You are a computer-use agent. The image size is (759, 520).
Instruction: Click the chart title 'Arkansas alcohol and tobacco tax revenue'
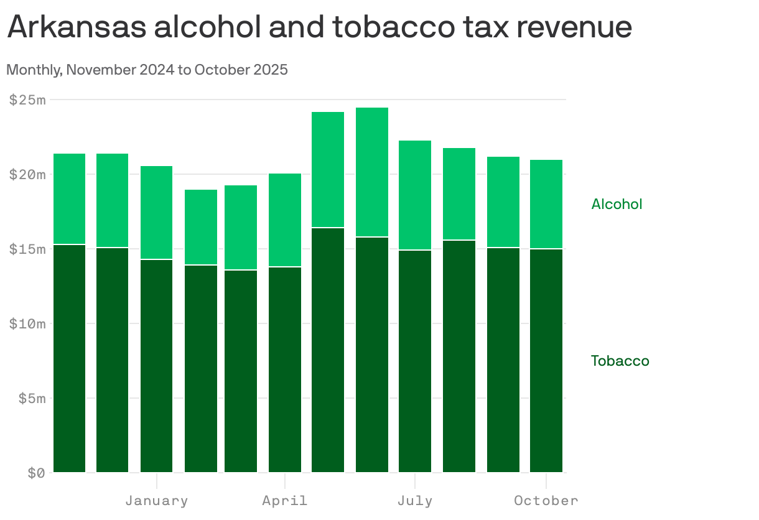(x=319, y=27)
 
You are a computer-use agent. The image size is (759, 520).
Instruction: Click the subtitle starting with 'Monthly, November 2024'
(x=147, y=70)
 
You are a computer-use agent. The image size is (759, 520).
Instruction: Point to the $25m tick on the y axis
(x=27, y=100)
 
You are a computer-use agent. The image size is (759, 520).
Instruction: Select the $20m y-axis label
(x=27, y=174)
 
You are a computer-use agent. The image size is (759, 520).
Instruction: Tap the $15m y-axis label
(x=27, y=249)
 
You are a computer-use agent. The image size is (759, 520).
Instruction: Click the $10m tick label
(x=27, y=323)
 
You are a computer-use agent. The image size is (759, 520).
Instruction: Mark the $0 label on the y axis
(x=36, y=473)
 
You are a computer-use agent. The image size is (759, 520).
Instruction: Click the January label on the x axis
(x=157, y=501)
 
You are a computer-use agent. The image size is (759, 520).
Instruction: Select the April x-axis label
(x=285, y=501)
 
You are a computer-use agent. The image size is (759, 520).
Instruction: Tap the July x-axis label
(x=415, y=501)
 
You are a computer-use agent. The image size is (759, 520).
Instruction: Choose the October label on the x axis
(x=546, y=501)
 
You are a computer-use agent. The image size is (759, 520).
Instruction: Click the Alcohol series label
(x=617, y=204)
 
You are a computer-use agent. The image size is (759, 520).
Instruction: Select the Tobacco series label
(x=620, y=361)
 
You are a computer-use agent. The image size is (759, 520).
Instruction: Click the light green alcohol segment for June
(x=372, y=172)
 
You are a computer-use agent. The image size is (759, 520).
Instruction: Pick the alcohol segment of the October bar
(x=546, y=204)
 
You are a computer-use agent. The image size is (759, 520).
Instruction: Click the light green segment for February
(x=201, y=227)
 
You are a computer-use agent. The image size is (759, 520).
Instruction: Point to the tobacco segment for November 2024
(x=70, y=358)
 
